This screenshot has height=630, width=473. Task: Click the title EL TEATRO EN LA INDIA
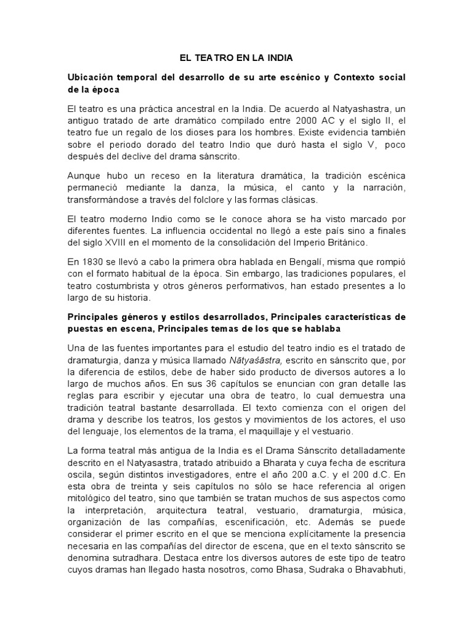click(x=236, y=58)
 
